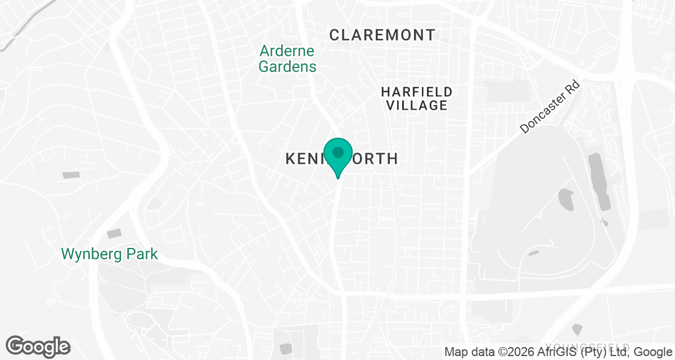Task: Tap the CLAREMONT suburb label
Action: tap(382, 35)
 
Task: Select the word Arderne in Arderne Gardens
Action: tap(287, 51)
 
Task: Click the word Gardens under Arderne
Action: tap(287, 67)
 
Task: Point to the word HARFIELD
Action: tap(416, 91)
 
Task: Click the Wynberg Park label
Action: tap(110, 254)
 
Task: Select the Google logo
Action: tap(38, 346)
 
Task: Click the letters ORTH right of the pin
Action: tap(375, 159)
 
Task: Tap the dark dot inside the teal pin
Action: tap(338, 152)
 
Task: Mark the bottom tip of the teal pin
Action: tap(338, 178)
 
